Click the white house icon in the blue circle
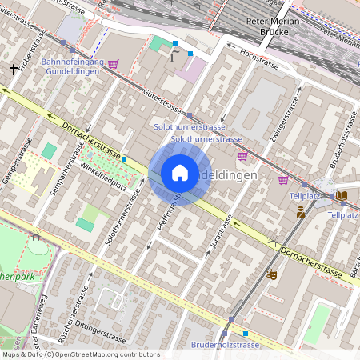coord(180,173)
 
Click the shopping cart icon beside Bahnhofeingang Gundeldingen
coord(114,64)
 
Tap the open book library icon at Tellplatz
coord(342,195)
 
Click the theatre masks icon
coord(271,274)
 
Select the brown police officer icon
coord(301,212)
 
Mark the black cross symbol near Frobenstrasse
coord(14,70)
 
